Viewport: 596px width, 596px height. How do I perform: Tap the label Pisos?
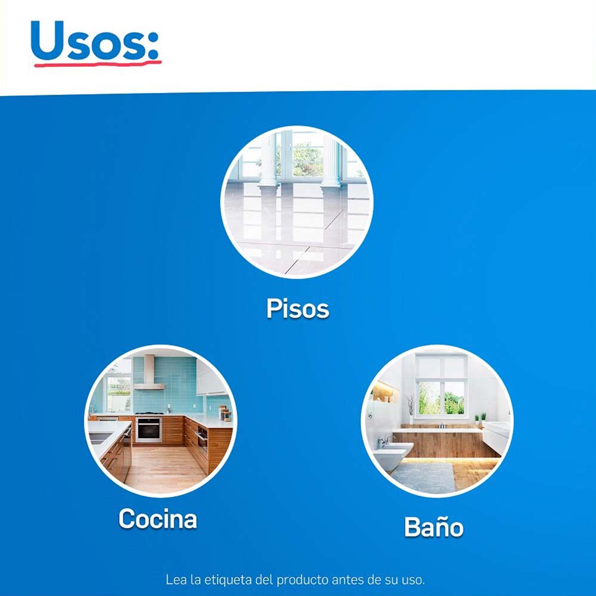[297, 308]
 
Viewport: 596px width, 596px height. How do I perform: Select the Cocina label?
[158, 519]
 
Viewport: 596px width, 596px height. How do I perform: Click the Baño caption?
[434, 527]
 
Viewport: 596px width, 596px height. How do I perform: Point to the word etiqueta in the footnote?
[228, 580]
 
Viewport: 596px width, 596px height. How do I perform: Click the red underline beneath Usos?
[98, 64]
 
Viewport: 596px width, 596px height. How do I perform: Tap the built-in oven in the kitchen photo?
[148, 430]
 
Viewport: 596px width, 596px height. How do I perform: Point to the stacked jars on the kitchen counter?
[225, 413]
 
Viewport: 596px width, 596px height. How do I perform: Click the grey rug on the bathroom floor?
[423, 477]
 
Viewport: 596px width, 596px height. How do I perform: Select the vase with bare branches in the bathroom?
[411, 409]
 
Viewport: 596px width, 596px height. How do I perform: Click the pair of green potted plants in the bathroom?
[480, 418]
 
